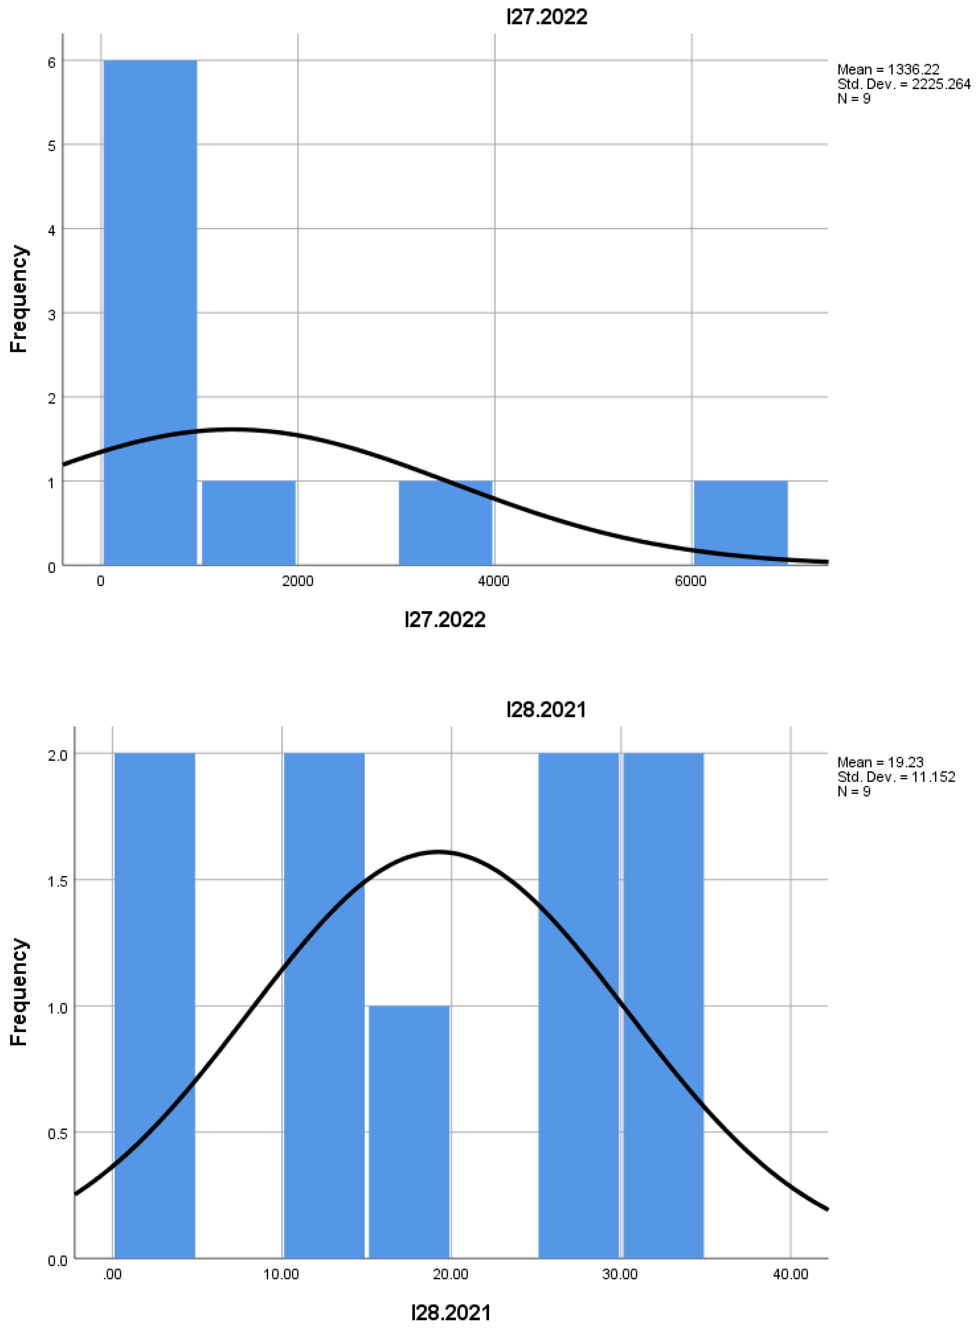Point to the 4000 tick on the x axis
coord(494,581)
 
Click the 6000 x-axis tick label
coord(690,581)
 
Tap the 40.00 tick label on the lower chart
coord(790,1274)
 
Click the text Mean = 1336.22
coord(888,69)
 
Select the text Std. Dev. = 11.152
coord(896,777)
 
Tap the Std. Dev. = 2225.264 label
coord(903,84)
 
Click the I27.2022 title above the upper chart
coord(546,17)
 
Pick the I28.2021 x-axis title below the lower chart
coord(451,1312)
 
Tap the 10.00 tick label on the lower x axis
coord(281,1274)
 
